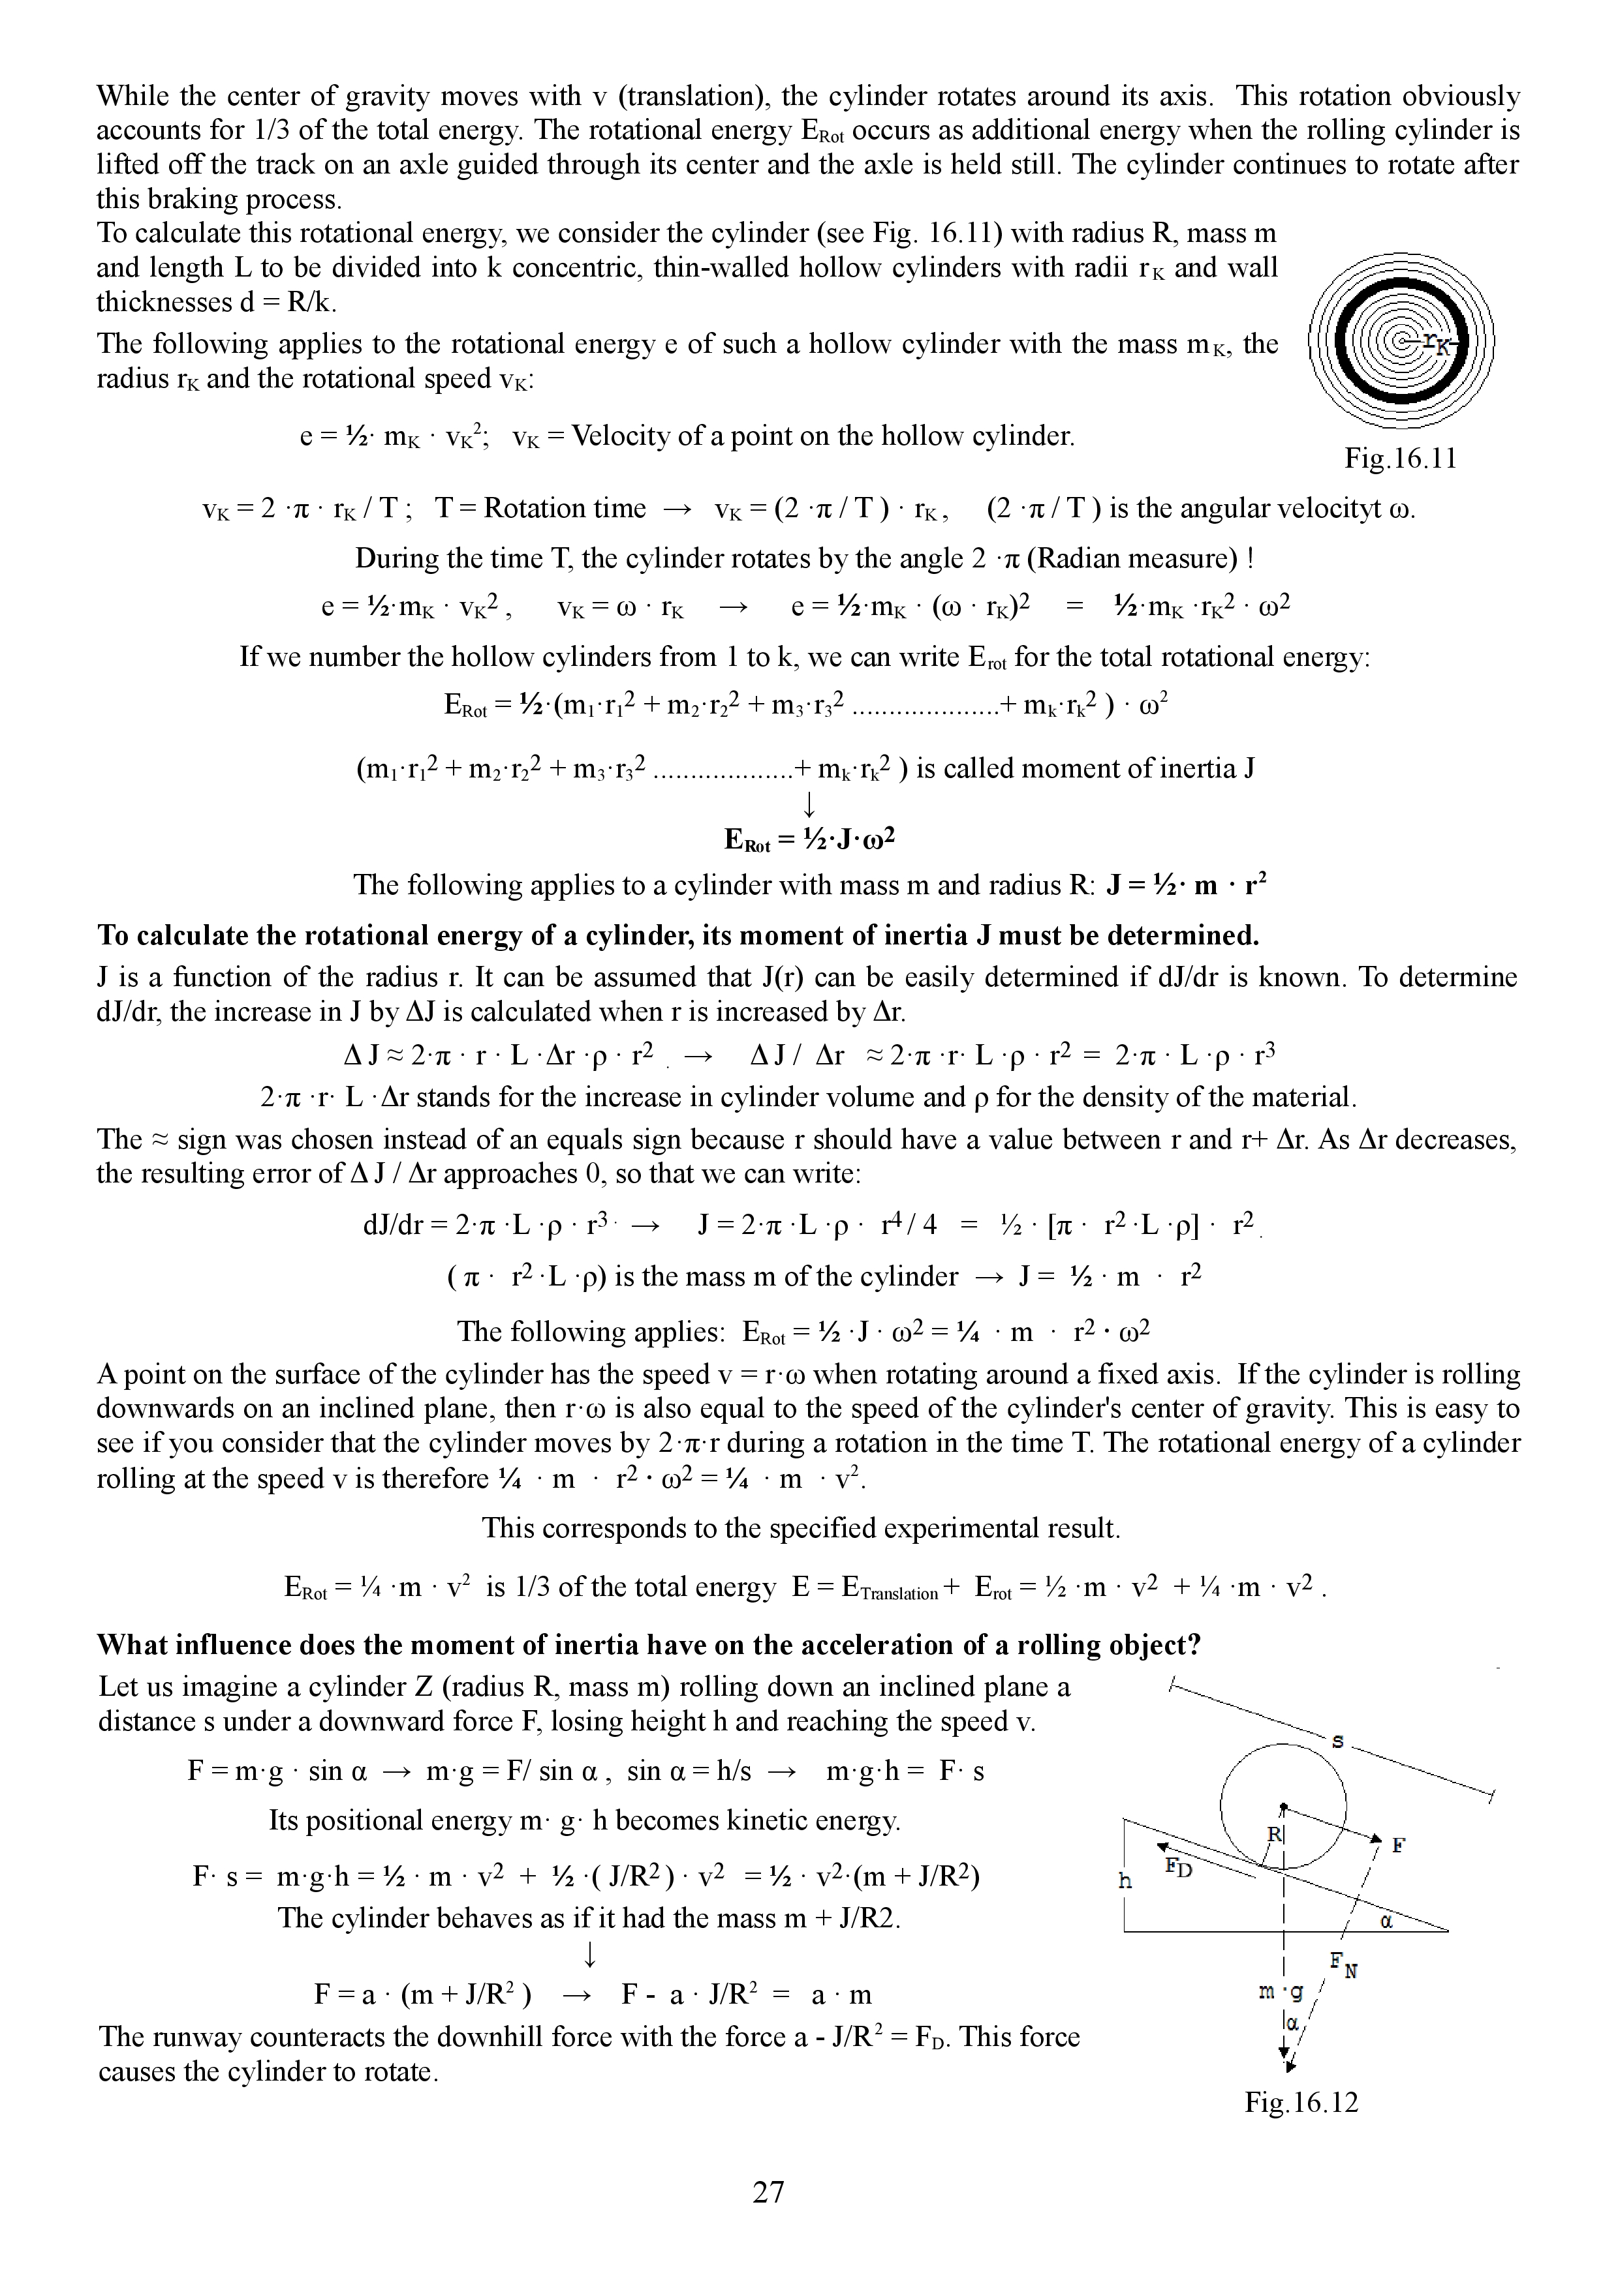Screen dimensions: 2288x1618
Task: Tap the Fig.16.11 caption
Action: coord(1401,459)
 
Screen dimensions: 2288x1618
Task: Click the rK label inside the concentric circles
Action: coord(1437,342)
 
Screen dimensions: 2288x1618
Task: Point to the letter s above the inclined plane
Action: coord(1338,1741)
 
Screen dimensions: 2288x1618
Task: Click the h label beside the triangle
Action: coord(1125,1880)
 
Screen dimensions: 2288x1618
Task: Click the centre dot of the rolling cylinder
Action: coord(1284,1806)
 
